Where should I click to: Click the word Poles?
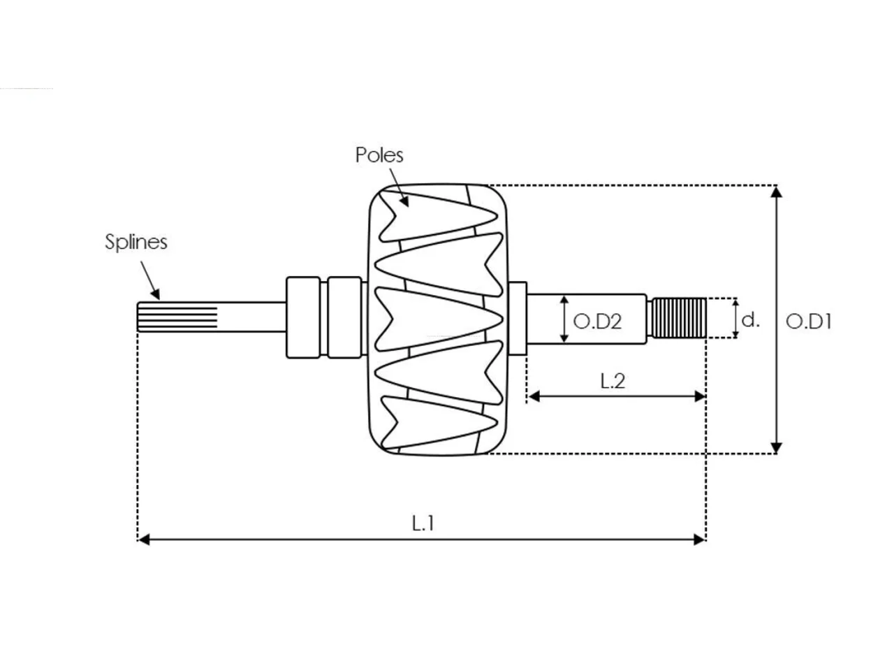(379, 155)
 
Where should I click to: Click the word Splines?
(136, 242)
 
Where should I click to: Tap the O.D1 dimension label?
(809, 322)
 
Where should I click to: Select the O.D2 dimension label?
(597, 322)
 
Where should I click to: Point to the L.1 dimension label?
(423, 524)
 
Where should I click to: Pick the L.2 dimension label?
(612, 381)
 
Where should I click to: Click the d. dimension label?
(750, 320)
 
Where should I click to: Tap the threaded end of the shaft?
(678, 318)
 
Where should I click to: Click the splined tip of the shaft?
(177, 317)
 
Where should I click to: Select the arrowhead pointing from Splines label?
(155, 294)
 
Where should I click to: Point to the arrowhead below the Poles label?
(404, 201)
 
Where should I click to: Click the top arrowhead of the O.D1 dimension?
(776, 192)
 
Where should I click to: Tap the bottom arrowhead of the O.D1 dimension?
(776, 448)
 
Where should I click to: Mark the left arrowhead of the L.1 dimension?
(144, 540)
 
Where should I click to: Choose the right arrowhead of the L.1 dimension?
(700, 540)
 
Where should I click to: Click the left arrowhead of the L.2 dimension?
(534, 396)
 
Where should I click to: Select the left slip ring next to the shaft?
(303, 318)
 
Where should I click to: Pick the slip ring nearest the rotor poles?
(344, 318)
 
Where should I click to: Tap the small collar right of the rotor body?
(518, 318)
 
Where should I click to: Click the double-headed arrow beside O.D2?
(564, 319)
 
